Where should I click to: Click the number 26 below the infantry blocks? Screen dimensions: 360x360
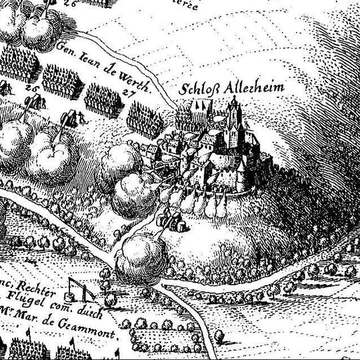(x=31, y=87)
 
